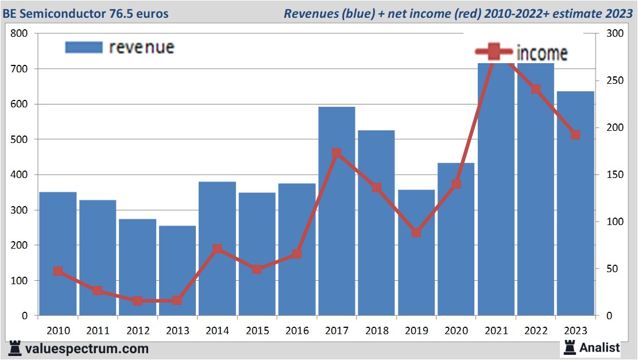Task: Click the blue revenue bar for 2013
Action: tap(177, 270)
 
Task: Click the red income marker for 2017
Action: tap(337, 153)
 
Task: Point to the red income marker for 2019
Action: tap(416, 233)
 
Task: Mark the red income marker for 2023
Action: tap(575, 135)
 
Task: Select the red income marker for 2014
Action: tap(217, 249)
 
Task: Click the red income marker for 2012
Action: tap(138, 300)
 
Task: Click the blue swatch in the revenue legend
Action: tap(84, 47)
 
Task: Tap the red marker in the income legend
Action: tap(493, 53)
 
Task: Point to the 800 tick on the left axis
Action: tap(20, 33)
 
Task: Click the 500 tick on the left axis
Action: tap(20, 140)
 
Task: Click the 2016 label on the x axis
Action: tap(297, 331)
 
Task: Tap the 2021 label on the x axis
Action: tap(496, 331)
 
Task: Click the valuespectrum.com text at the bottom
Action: tap(87, 349)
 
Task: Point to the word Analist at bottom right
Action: tap(600, 347)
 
